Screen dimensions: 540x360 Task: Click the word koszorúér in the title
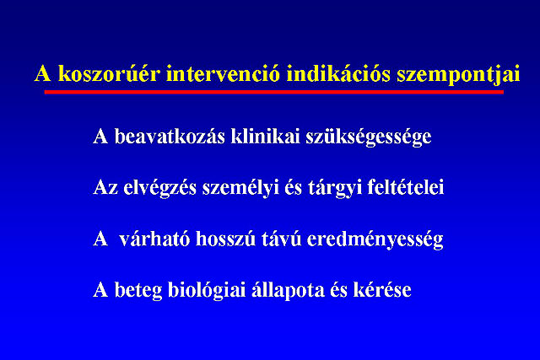coord(109,73)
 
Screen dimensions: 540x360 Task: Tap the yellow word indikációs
coord(338,73)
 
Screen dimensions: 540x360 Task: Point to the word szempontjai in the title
coord(458,74)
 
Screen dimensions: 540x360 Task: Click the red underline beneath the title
coord(273,92)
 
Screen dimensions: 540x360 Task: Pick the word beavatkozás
coord(170,136)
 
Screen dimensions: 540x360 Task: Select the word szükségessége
coord(369,137)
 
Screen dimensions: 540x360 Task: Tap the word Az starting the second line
coord(105,187)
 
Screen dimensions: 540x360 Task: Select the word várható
coord(154,239)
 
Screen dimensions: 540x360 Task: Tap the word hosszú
coord(225,239)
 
